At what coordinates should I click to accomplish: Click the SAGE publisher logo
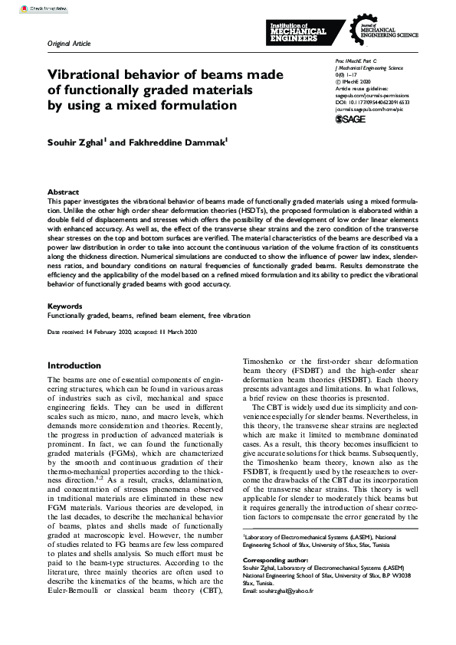(x=352, y=120)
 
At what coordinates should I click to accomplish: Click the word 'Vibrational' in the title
(x=88, y=75)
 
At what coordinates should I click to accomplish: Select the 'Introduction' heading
(x=80, y=365)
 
